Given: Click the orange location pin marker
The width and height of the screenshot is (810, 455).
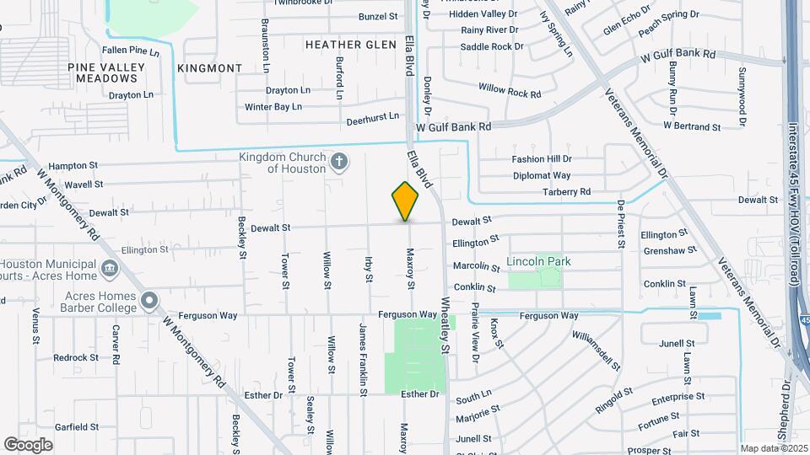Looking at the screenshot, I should pyautogui.click(x=405, y=201).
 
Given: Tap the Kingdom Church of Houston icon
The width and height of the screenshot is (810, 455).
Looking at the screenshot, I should pyautogui.click(x=339, y=162).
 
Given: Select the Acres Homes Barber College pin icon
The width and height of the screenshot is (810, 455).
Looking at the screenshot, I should pyautogui.click(x=149, y=300).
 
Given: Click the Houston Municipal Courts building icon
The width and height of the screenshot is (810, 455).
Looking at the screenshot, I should pyautogui.click(x=110, y=269).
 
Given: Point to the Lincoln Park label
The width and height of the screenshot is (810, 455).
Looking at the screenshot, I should pyautogui.click(x=538, y=262).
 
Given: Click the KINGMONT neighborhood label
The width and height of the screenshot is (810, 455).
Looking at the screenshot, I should pyautogui.click(x=210, y=67).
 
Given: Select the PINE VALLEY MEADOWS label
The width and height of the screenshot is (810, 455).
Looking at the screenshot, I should pyautogui.click(x=106, y=72).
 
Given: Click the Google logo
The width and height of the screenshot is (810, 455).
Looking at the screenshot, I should pyautogui.click(x=28, y=444).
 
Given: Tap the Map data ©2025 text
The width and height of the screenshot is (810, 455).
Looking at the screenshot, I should pyautogui.click(x=772, y=448).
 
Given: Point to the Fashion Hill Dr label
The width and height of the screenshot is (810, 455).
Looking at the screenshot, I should pyautogui.click(x=543, y=159).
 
